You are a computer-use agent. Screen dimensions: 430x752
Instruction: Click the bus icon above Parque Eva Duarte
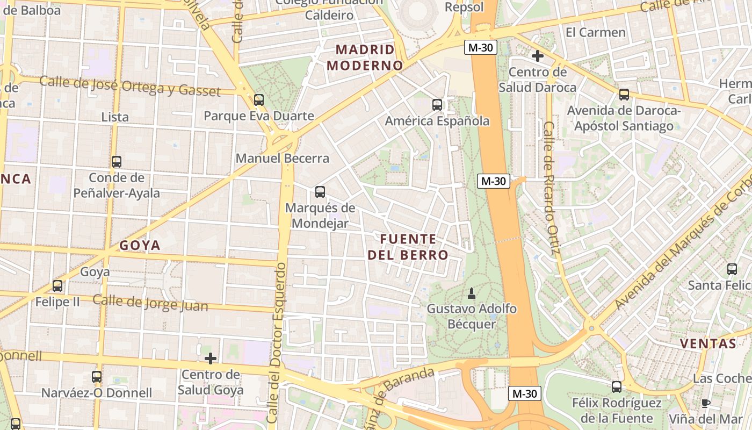[x=259, y=99]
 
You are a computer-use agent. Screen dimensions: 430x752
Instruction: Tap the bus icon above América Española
[x=437, y=105]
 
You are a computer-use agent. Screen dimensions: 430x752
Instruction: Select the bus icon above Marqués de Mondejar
[x=320, y=191]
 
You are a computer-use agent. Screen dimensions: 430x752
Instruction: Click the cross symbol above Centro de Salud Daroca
[x=537, y=56]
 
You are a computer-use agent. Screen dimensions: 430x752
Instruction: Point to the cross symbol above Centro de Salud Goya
[x=211, y=359]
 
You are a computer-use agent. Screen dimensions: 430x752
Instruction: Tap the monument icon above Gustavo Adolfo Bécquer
[x=472, y=293]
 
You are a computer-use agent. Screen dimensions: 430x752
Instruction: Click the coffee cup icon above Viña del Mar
[x=706, y=403]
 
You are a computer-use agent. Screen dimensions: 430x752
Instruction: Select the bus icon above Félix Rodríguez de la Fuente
[x=616, y=386]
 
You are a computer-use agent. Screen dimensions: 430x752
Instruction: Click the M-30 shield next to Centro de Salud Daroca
[x=480, y=47]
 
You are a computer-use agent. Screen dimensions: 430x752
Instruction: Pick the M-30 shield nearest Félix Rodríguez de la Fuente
[x=524, y=393]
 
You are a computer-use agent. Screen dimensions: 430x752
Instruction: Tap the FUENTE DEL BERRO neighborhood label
[x=408, y=247]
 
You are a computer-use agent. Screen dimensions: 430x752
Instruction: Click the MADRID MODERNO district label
[x=365, y=58]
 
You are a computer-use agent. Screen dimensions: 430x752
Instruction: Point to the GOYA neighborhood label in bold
[x=140, y=246]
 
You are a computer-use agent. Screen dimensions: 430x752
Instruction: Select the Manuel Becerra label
[x=283, y=159]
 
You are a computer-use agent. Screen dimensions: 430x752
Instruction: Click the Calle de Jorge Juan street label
[x=150, y=303]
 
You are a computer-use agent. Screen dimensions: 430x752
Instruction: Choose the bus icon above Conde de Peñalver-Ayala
[x=117, y=161]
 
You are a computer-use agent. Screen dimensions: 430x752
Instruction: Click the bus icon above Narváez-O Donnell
[x=97, y=377]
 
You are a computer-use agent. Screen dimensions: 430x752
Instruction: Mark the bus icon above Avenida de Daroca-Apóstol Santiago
[x=624, y=95]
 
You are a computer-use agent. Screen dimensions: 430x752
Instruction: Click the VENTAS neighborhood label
[x=707, y=344]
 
